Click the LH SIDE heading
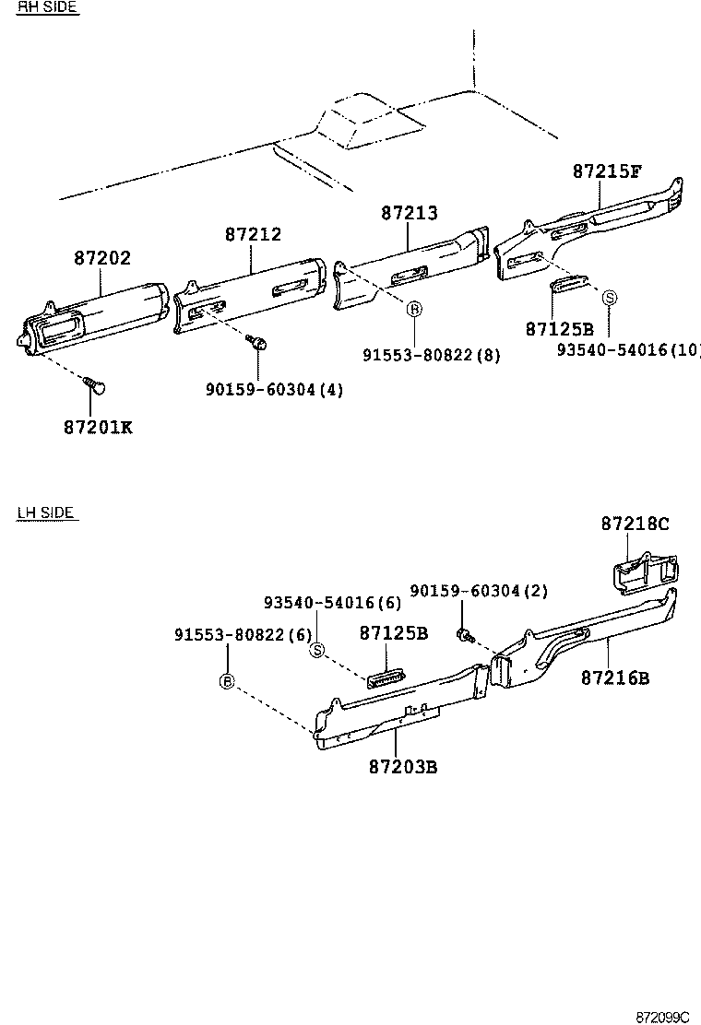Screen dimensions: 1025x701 (45, 512)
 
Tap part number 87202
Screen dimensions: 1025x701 (102, 259)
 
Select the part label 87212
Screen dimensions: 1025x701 (253, 235)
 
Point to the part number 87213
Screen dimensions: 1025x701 (410, 213)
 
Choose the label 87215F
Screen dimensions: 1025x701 (606, 171)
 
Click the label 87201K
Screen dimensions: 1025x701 (98, 428)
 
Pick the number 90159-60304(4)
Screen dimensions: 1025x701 (274, 390)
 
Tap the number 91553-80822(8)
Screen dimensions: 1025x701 (432, 355)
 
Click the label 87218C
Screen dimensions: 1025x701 (635, 524)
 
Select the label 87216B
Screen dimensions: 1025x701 (615, 678)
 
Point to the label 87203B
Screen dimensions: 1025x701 (402, 767)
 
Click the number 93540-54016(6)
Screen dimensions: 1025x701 (332, 603)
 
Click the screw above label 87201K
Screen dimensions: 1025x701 (93, 383)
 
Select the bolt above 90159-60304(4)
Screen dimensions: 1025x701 (258, 344)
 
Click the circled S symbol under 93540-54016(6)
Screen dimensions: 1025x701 (317, 651)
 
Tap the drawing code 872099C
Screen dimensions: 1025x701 (662, 1017)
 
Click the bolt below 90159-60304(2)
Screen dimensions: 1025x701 (464, 634)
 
